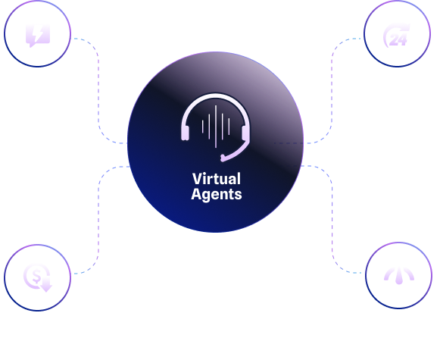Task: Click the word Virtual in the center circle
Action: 217,179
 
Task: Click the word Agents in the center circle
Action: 217,194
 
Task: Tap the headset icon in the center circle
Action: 216,128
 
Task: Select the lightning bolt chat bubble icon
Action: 38,36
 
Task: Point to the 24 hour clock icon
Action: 396,36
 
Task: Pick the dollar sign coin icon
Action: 37,277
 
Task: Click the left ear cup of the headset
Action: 186,133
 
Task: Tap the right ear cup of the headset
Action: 245,133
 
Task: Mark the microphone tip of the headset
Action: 223,158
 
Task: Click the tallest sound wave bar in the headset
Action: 216,127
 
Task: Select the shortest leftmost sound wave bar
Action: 203,127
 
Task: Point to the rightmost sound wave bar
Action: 229,127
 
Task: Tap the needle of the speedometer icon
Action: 399,276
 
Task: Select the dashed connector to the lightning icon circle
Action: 98,90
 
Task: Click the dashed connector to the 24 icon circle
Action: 332,90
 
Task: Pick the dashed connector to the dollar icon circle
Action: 98,219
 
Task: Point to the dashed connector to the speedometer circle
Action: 332,219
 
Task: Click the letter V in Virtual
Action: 197,179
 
